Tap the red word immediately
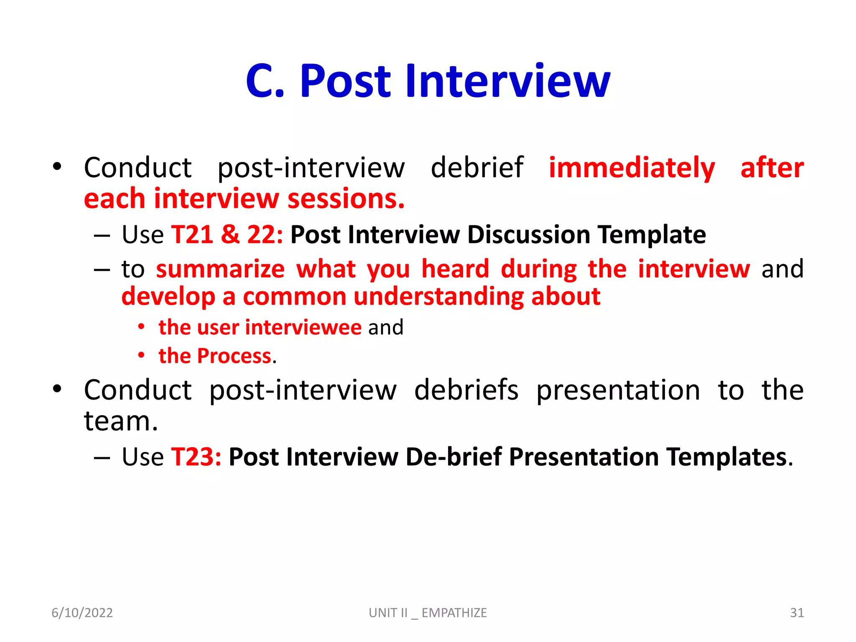(632, 168)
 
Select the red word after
(772, 168)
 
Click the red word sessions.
(346, 199)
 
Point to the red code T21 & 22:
(227, 234)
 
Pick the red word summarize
(220, 269)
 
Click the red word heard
(455, 269)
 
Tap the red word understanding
(438, 297)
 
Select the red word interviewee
(303, 327)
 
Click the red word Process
(234, 356)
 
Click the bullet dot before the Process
(142, 356)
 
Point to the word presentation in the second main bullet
(618, 390)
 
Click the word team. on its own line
(121, 421)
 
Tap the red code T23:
(196, 457)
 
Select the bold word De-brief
(453, 457)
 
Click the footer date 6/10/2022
(82, 613)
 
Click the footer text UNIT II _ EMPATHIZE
(428, 613)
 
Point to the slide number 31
(797, 613)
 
